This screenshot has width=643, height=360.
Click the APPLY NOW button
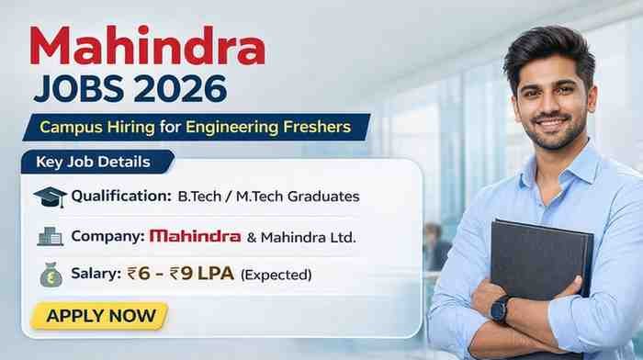coord(99,316)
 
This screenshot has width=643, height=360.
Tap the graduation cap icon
coord(50,197)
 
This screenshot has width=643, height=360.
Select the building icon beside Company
coord(50,236)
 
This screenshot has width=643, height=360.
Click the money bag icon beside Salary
coord(51,274)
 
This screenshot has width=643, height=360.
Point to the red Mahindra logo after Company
coord(195,236)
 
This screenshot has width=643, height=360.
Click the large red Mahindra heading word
coord(148,46)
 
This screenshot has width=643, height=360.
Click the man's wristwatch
coord(501,309)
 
